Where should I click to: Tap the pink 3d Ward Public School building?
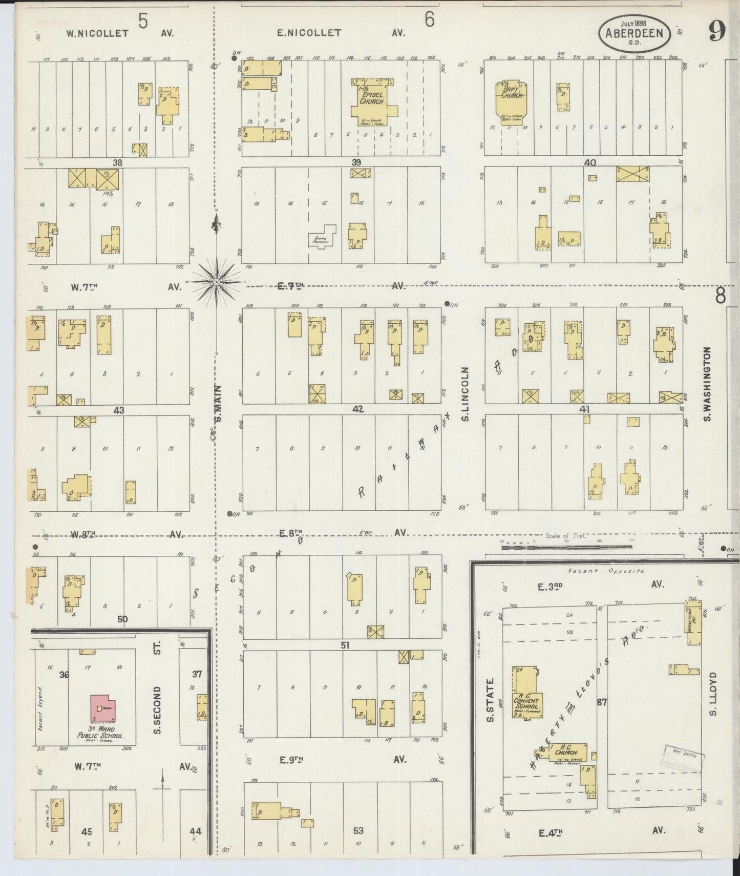[x=103, y=708]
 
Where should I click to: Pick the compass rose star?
[x=217, y=281]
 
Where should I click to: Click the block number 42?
[x=357, y=409]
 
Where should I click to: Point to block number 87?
[x=601, y=702]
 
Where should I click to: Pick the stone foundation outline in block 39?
[x=322, y=237]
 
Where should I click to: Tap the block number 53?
[x=358, y=830]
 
